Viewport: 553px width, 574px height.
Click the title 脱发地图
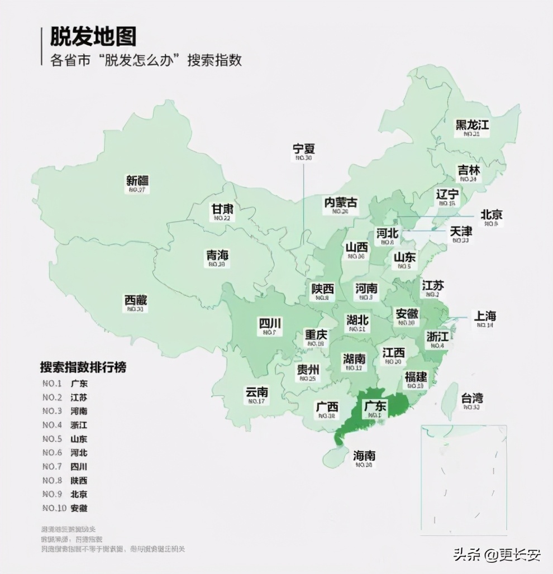click(93, 37)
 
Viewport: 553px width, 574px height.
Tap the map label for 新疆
click(137, 181)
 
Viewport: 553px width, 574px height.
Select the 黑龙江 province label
click(472, 125)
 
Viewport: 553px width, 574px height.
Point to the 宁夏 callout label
click(304, 149)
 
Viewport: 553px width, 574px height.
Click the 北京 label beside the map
click(492, 215)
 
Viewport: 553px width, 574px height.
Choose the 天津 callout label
click(461, 231)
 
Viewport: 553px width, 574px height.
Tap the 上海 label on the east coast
click(485, 316)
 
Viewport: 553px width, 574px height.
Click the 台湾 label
click(472, 399)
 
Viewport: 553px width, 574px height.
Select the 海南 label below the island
click(364, 456)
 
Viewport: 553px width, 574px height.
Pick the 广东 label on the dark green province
click(375, 406)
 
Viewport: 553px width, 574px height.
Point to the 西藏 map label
click(135, 300)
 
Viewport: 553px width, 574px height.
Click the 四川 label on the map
click(270, 324)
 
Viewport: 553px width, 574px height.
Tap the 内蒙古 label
click(341, 203)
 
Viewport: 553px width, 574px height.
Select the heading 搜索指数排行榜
click(83, 367)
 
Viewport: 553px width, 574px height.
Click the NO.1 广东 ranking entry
click(65, 384)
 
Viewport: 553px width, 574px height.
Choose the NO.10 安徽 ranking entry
click(65, 508)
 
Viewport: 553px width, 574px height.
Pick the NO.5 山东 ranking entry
click(65, 439)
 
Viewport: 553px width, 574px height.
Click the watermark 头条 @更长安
click(497, 554)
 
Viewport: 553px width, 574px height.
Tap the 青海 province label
click(217, 256)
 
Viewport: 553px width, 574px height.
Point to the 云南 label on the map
click(256, 392)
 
